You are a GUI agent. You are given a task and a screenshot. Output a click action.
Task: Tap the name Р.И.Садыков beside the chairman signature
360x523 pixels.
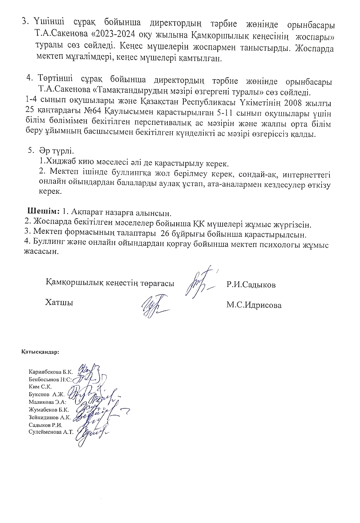251,285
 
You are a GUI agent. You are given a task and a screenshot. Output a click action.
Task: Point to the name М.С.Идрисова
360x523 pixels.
254,305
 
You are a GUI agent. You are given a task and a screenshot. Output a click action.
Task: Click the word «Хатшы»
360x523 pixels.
59,302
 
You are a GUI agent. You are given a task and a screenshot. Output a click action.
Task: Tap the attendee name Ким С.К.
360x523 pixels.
40,386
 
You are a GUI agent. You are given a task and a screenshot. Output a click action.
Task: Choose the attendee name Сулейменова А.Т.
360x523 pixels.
51,432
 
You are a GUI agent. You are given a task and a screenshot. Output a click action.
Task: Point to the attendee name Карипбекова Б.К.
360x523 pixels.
51,371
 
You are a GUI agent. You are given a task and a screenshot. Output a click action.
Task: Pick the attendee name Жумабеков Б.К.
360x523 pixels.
49,409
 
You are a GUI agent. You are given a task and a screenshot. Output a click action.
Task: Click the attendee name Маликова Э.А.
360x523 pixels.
48,402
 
